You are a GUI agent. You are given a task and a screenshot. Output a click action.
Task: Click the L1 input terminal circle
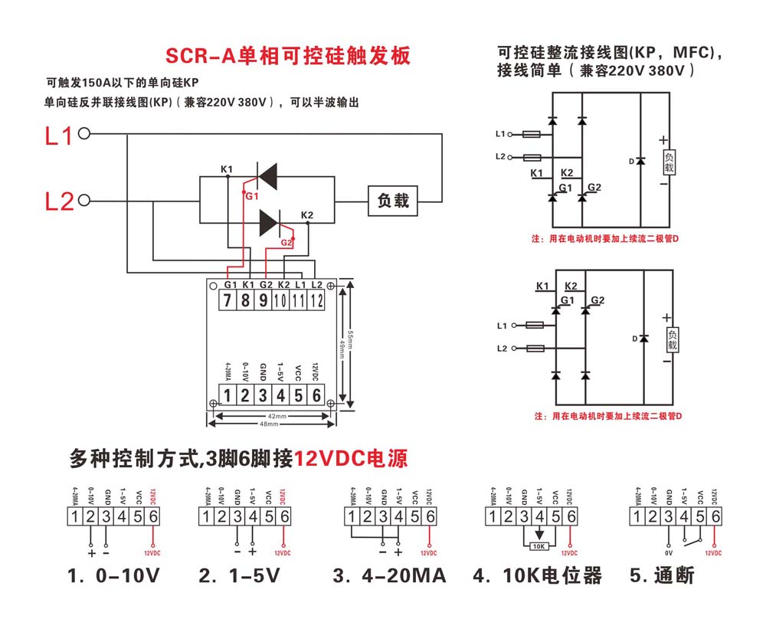(x=84, y=133)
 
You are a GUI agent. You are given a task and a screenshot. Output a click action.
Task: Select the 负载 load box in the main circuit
(x=393, y=201)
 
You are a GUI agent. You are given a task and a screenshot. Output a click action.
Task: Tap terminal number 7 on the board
(x=228, y=300)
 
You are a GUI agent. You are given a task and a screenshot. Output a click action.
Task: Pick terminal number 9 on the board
(x=264, y=300)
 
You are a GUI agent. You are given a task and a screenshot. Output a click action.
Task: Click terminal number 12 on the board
(x=316, y=300)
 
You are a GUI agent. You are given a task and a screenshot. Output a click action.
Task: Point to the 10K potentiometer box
(x=539, y=547)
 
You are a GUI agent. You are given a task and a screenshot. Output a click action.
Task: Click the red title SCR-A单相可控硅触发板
(x=289, y=56)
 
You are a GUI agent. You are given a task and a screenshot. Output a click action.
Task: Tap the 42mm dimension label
(x=276, y=416)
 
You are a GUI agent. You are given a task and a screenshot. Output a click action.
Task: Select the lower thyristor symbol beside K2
(x=269, y=223)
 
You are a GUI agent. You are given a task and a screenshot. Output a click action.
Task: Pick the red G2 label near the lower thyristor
(x=286, y=242)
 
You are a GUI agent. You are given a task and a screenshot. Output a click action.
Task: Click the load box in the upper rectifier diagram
(x=669, y=162)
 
